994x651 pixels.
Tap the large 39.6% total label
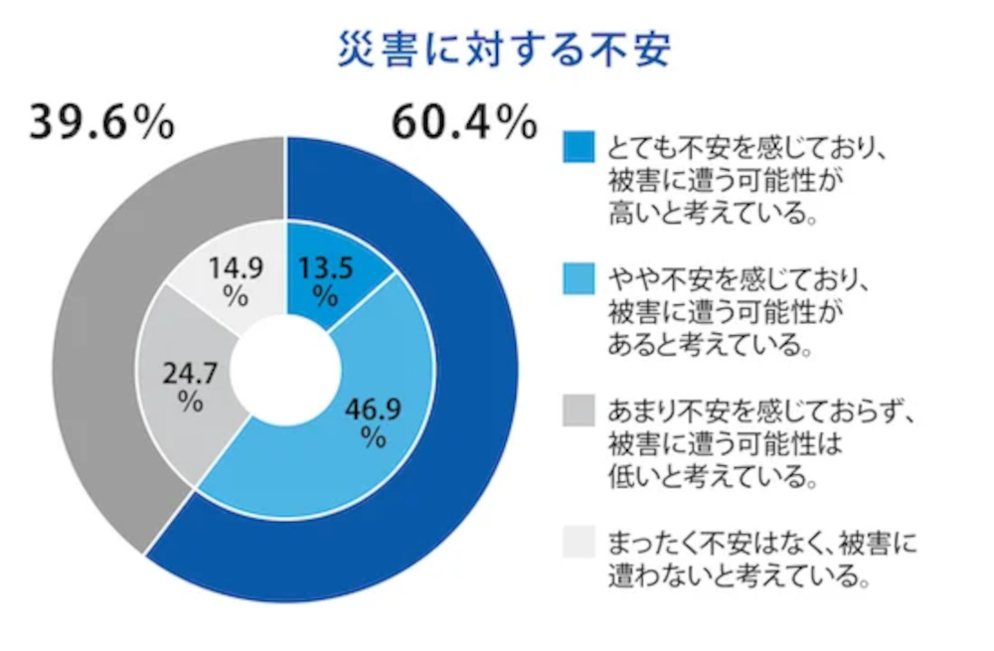[x=102, y=122]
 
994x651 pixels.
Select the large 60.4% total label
[x=464, y=122]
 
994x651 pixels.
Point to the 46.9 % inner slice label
[x=372, y=421]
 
